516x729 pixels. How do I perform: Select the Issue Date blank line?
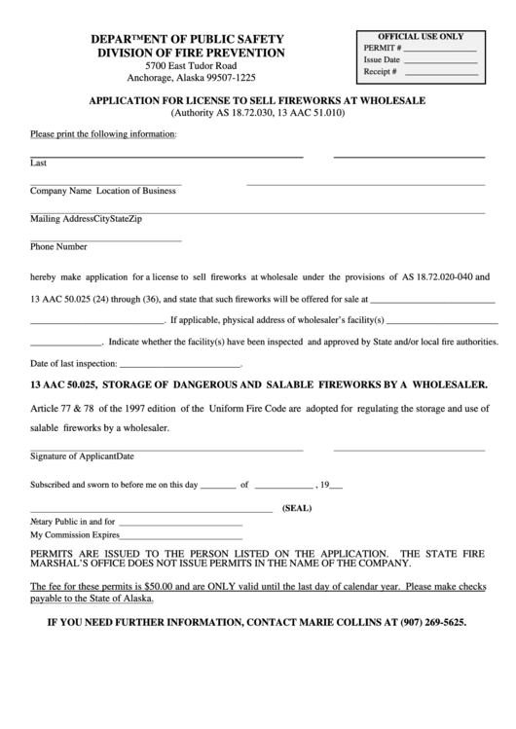[x=441, y=59]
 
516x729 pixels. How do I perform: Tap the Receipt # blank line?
[x=441, y=72]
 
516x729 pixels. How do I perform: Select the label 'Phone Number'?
[x=58, y=246]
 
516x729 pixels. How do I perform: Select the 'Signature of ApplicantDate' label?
[x=82, y=456]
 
